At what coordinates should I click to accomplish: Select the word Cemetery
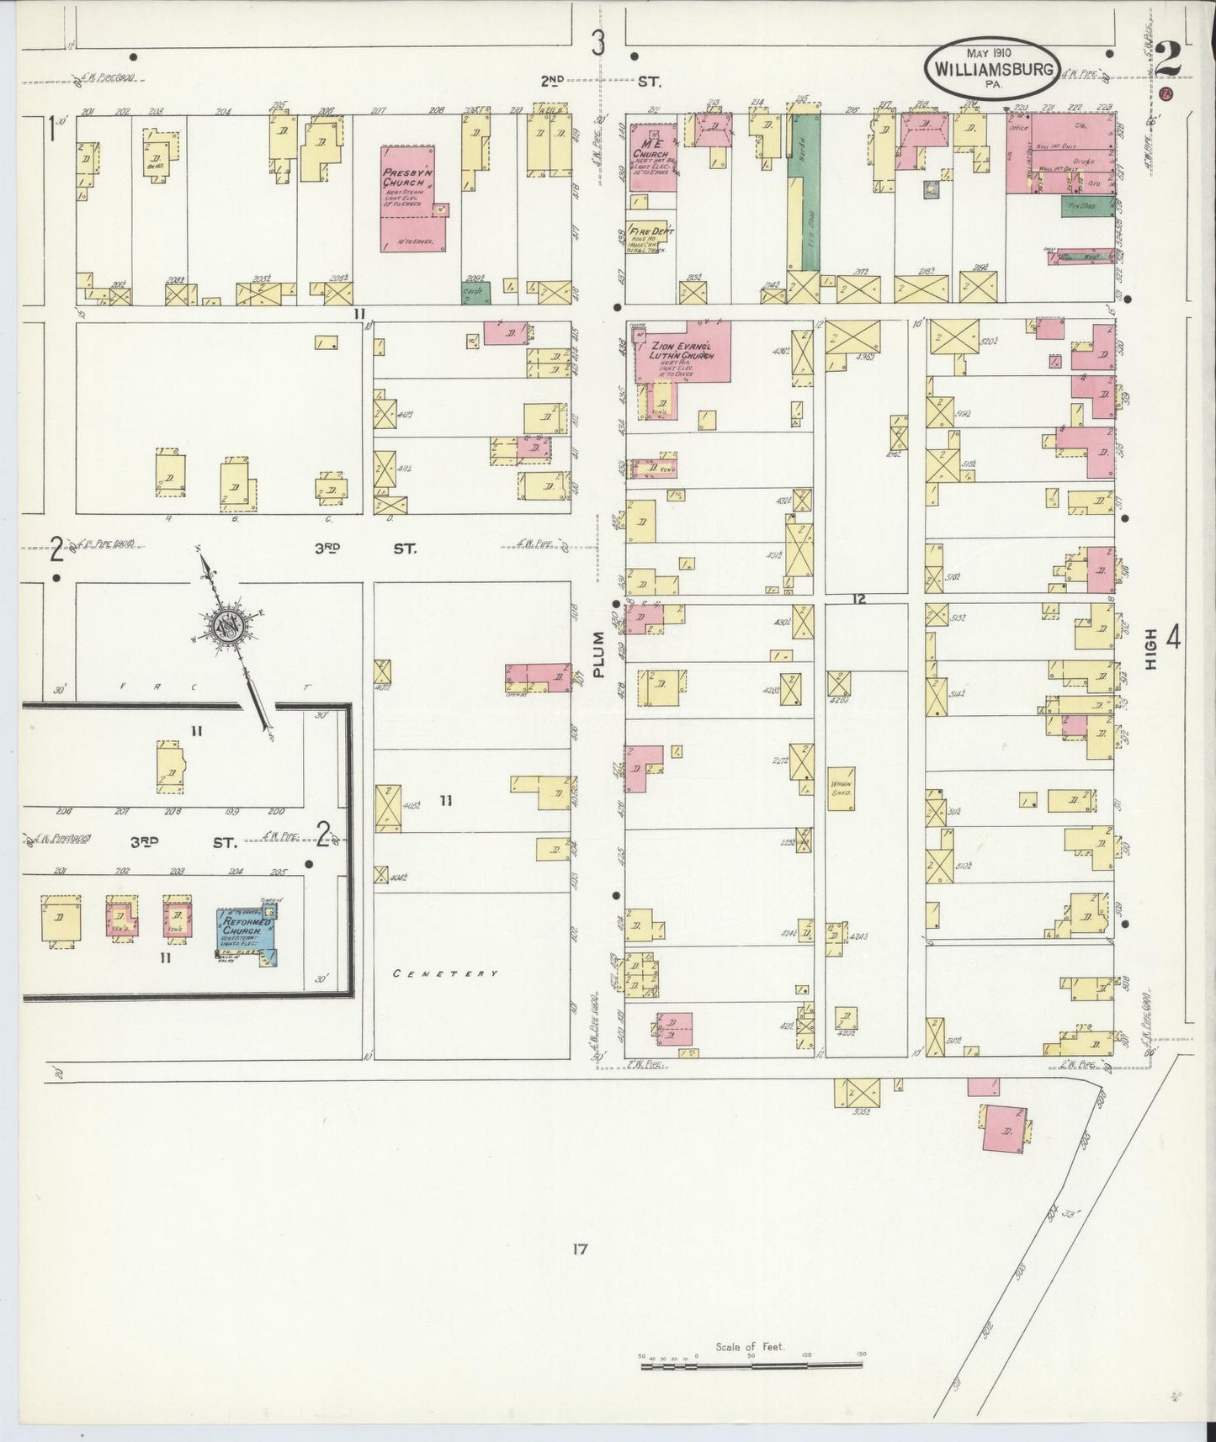pos(446,973)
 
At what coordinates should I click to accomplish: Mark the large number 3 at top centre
pos(597,42)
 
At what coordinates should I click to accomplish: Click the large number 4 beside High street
pos(1173,640)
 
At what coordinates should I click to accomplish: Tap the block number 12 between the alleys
pos(858,600)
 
